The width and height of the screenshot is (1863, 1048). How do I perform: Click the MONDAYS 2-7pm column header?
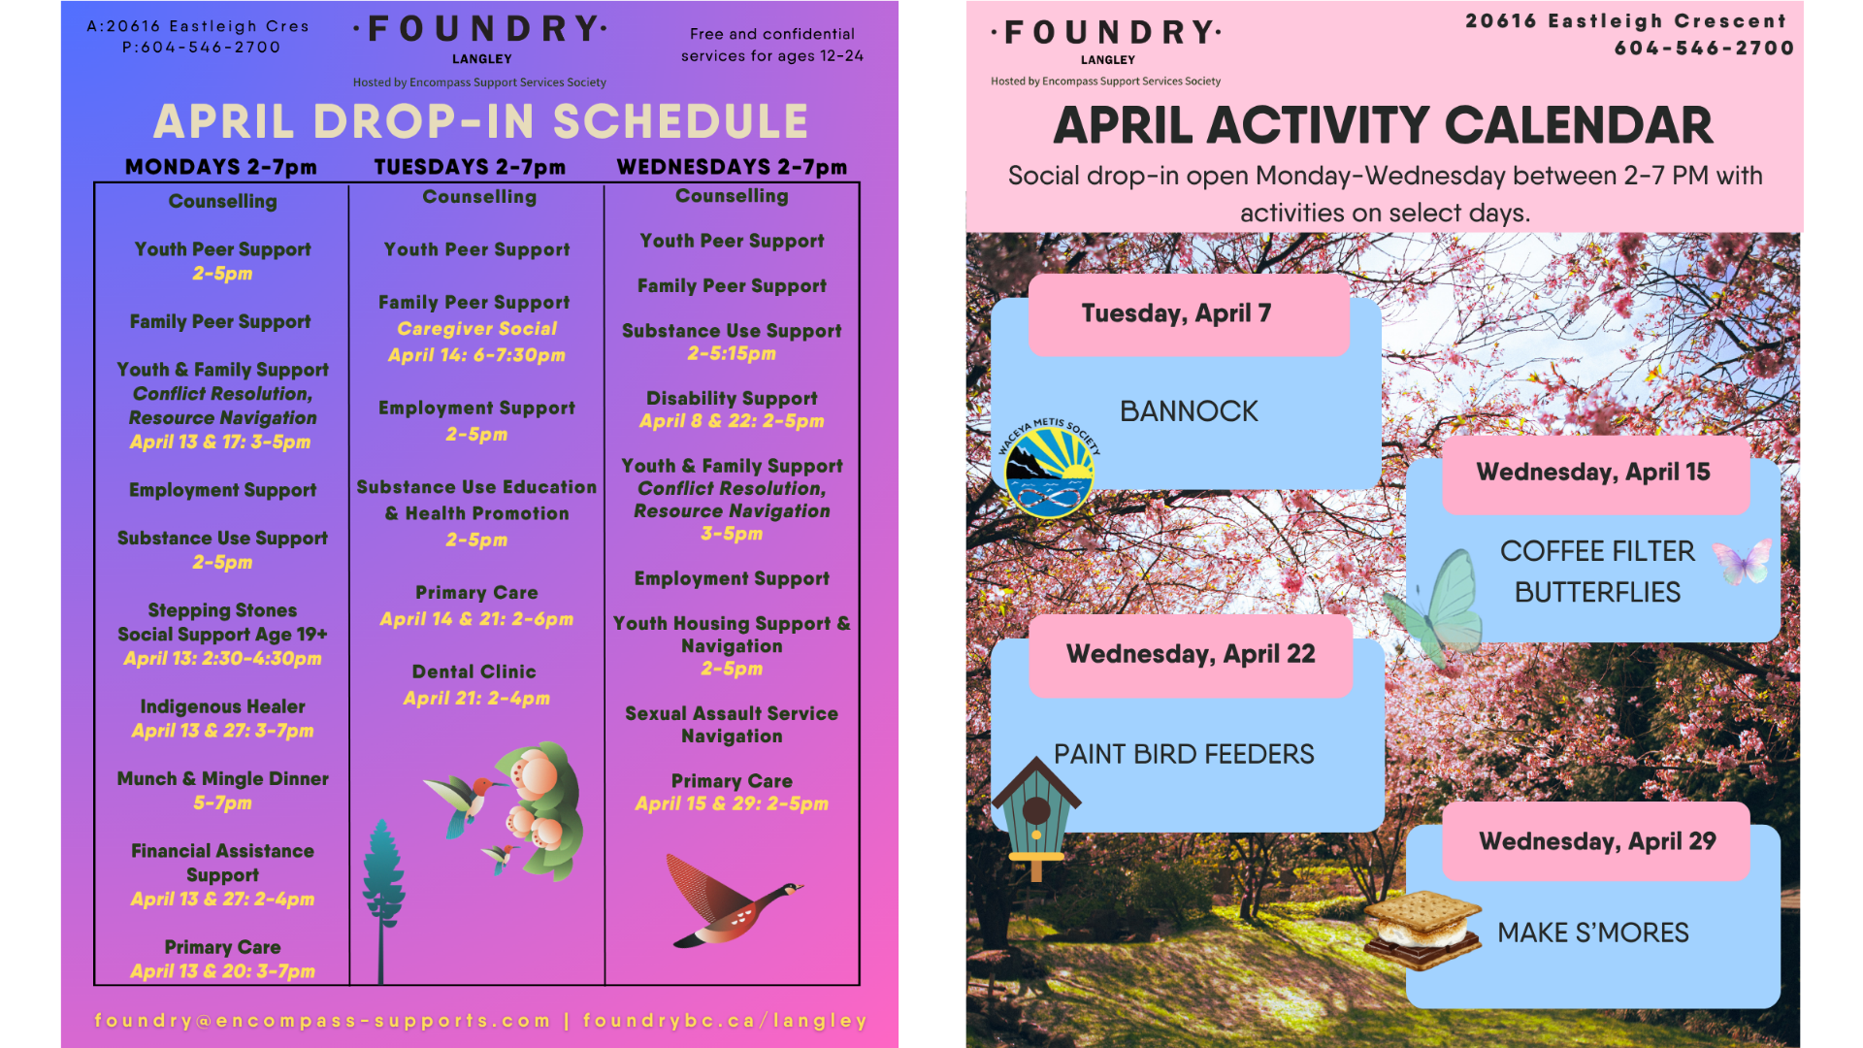click(221, 167)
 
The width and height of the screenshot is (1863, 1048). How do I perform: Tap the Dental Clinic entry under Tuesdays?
click(474, 671)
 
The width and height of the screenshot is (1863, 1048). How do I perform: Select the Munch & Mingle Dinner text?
click(223, 779)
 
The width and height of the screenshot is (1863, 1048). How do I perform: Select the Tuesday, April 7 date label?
click(1176, 313)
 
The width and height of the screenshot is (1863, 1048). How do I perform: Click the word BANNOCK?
click(1189, 411)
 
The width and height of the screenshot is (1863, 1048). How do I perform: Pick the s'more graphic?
click(1422, 929)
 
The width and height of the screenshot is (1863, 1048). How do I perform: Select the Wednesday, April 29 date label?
click(1597, 841)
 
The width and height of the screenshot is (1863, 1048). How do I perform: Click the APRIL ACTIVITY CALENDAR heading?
click(1383, 126)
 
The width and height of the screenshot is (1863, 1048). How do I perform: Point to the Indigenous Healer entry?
click(223, 707)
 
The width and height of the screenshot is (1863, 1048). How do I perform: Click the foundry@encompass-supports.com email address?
click(322, 1021)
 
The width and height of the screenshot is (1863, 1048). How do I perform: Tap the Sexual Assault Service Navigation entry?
click(732, 725)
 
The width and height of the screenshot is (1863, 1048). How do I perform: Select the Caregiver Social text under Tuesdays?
click(477, 329)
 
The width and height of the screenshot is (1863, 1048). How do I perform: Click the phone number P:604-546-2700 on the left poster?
click(202, 48)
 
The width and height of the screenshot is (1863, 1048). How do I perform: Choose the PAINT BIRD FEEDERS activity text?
click(1184, 754)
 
